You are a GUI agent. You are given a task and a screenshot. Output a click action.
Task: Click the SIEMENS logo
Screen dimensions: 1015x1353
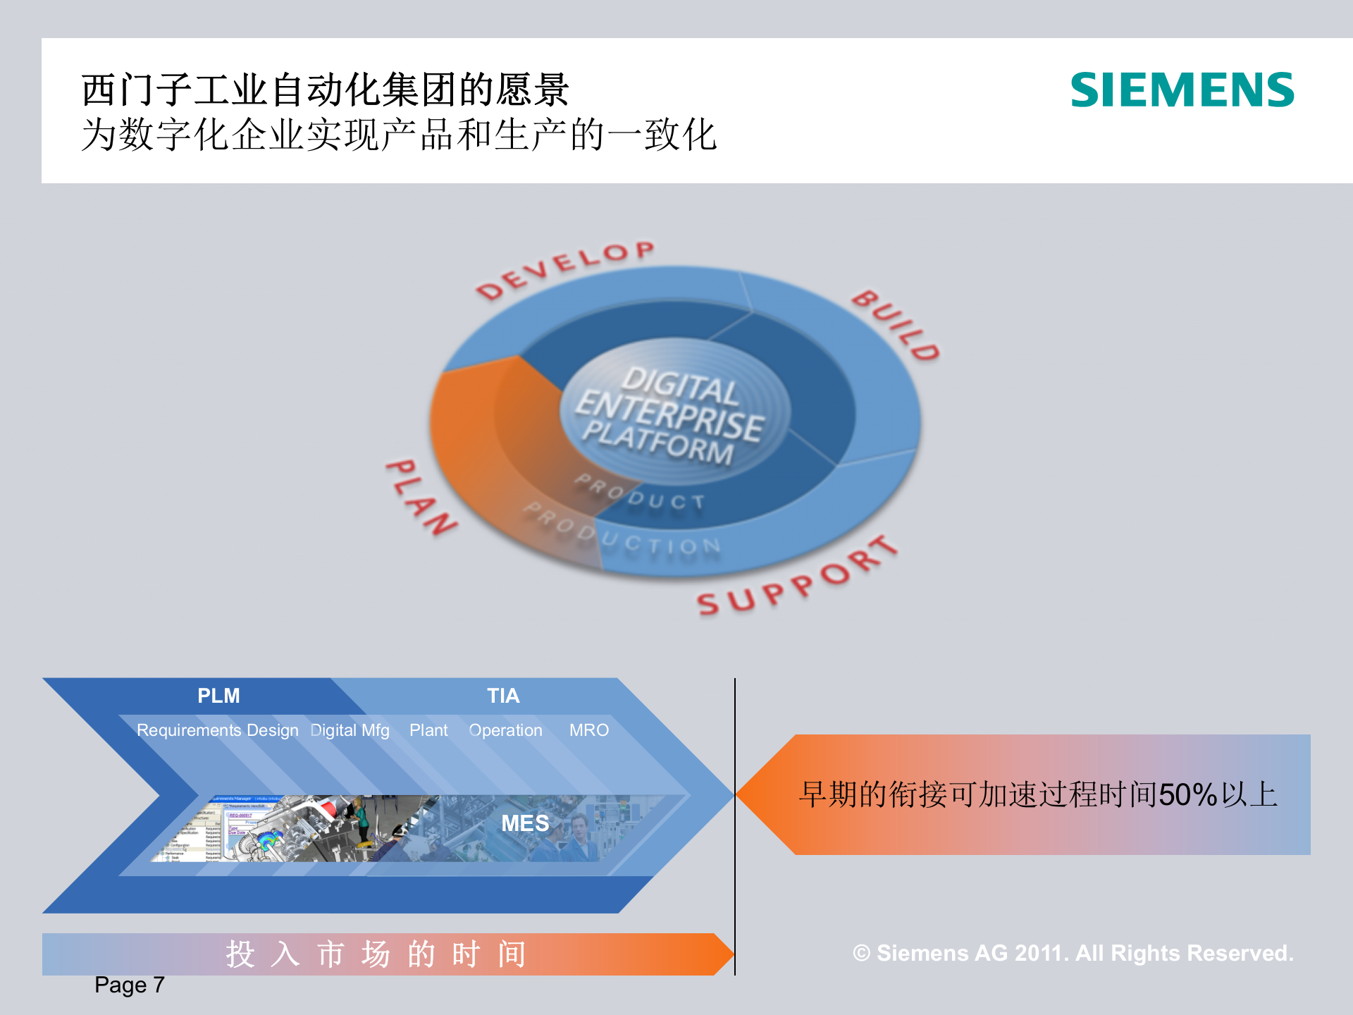click(1182, 90)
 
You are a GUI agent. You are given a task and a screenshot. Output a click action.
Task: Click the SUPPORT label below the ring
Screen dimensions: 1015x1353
click(797, 578)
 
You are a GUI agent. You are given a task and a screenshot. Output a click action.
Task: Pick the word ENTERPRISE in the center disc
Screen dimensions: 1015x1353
click(669, 412)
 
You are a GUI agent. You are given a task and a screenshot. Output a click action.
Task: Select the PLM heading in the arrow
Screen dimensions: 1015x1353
click(218, 696)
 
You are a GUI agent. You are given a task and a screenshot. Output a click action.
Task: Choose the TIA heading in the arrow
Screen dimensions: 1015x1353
click(503, 696)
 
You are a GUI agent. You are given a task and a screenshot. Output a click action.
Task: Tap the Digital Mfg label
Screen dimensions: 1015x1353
click(350, 730)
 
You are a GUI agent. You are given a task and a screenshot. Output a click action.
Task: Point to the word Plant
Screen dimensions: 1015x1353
click(428, 730)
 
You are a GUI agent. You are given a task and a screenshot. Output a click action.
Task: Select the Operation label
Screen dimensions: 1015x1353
click(506, 730)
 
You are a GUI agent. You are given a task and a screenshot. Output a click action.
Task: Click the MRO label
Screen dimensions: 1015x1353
click(589, 730)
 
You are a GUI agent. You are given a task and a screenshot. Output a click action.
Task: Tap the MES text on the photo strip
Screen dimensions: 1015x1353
click(525, 823)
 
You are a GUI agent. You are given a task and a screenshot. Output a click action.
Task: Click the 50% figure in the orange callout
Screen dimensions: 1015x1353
click(1188, 795)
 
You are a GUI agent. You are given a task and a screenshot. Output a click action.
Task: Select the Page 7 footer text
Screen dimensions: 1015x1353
click(130, 985)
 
